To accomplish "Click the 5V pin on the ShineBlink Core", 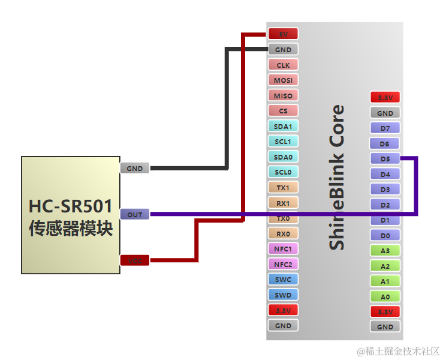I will pyautogui.click(x=283, y=34).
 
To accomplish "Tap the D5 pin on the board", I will pyautogui.click(x=385, y=159).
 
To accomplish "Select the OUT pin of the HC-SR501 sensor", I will pyautogui.click(x=135, y=214).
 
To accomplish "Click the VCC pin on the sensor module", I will pyautogui.click(x=135, y=260).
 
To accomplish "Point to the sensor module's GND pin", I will pyautogui.click(x=135, y=169).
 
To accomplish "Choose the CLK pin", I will pyautogui.click(x=283, y=65).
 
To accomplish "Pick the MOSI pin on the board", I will pyautogui.click(x=283, y=80).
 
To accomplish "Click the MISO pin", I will pyautogui.click(x=283, y=96).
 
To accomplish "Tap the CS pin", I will pyautogui.click(x=283, y=111).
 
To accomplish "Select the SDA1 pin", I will pyautogui.click(x=283, y=127).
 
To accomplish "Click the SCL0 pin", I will pyautogui.click(x=283, y=172).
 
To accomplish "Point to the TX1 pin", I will pyautogui.click(x=283, y=188).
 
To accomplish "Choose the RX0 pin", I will pyautogui.click(x=283, y=233).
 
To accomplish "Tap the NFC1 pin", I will pyautogui.click(x=283, y=249).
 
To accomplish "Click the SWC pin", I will pyautogui.click(x=283, y=280).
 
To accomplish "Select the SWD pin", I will pyautogui.click(x=283, y=295).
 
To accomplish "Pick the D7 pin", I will pyautogui.click(x=385, y=128).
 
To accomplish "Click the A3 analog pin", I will pyautogui.click(x=385, y=251).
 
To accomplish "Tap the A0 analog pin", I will pyautogui.click(x=385, y=296).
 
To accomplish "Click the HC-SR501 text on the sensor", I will pyautogui.click(x=71, y=206).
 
